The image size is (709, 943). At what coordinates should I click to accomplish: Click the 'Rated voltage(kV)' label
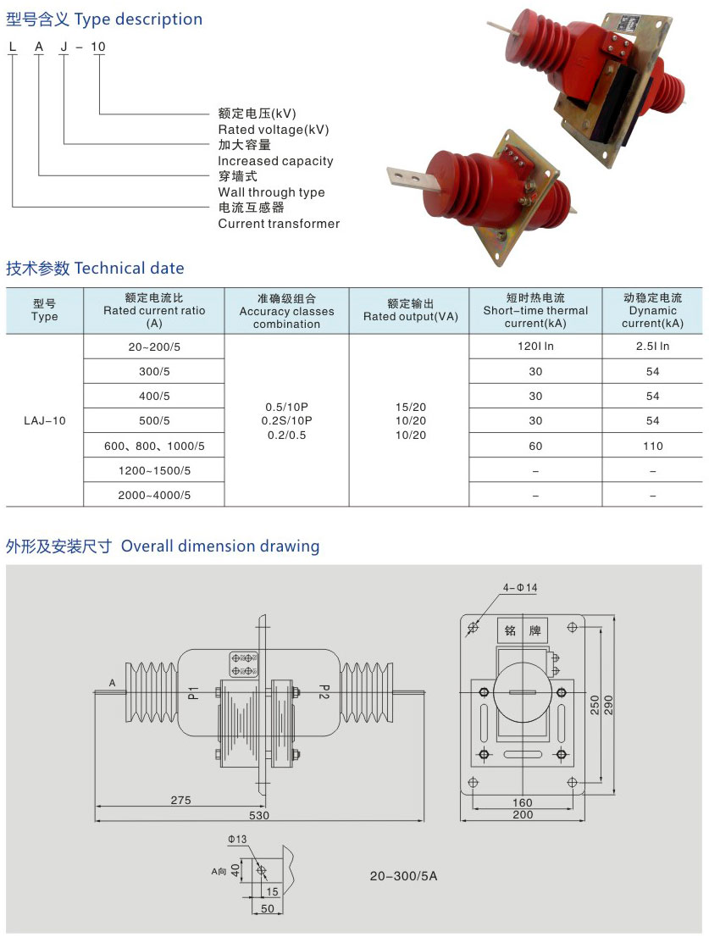pyautogui.click(x=273, y=130)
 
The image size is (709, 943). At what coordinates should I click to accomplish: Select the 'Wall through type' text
pyautogui.click(x=271, y=192)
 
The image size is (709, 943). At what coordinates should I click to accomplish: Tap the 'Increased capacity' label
pyautogui.click(x=275, y=161)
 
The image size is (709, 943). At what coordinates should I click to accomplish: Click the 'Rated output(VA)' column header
pyautogui.click(x=411, y=317)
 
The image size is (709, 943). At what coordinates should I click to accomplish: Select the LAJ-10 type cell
pyautogui.click(x=45, y=421)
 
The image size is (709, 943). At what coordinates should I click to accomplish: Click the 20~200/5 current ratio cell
pyautogui.click(x=154, y=347)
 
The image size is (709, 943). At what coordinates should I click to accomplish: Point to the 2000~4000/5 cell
pyautogui.click(x=154, y=495)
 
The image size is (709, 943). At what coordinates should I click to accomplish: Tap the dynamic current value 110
pyautogui.click(x=652, y=447)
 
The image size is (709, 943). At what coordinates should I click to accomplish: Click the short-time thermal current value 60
pyautogui.click(x=535, y=447)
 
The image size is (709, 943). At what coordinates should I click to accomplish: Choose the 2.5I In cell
pyautogui.click(x=652, y=347)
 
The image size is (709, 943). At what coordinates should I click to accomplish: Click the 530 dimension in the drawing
pyautogui.click(x=259, y=816)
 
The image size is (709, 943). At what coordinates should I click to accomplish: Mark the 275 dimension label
pyautogui.click(x=180, y=801)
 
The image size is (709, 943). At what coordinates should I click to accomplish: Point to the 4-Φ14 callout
pyautogui.click(x=520, y=587)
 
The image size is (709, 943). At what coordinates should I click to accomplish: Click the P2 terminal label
pyautogui.click(x=324, y=691)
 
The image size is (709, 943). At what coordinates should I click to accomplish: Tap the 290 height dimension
pyautogui.click(x=608, y=705)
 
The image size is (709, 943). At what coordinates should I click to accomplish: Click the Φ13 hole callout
pyautogui.click(x=237, y=839)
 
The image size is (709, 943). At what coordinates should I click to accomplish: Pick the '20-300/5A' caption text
pyautogui.click(x=403, y=876)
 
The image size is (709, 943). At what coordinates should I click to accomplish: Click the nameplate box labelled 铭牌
pyautogui.click(x=523, y=630)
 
